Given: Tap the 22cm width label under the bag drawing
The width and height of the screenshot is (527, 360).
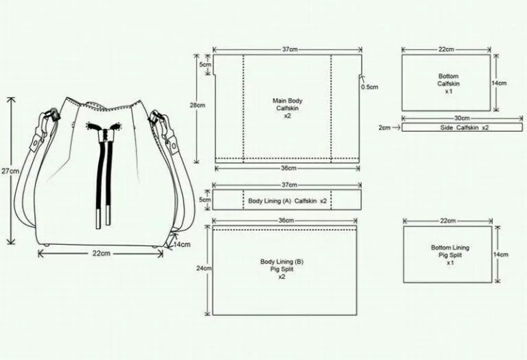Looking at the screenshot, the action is (102, 253).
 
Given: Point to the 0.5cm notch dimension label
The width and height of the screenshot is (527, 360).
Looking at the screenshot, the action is (370, 87).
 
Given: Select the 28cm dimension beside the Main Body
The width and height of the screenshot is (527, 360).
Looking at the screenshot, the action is (198, 105).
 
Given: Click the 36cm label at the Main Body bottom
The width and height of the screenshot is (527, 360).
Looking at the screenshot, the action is (288, 169).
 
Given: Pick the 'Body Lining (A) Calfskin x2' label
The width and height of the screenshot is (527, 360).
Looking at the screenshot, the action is (288, 201).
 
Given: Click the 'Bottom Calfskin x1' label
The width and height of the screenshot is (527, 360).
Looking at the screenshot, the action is (448, 83).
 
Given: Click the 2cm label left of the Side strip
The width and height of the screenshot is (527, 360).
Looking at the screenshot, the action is (384, 128).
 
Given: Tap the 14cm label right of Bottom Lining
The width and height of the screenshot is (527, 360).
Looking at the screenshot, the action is (501, 254).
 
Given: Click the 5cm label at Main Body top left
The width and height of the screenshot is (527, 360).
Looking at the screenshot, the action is (204, 64).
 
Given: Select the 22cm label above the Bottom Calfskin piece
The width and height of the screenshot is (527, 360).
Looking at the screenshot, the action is (446, 49).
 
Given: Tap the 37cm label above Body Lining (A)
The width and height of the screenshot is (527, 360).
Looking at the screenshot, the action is (289, 185).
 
